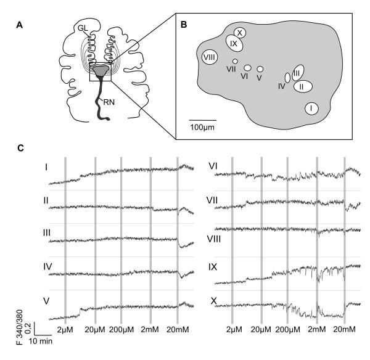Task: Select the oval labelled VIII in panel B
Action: pos(209,57)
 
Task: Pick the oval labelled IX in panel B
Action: pos(234,44)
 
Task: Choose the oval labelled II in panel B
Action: pos(302,86)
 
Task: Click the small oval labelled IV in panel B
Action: pos(287,78)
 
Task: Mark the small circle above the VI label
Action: pos(247,68)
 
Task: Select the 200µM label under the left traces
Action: pos(123,330)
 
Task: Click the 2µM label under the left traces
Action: pos(65,330)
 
